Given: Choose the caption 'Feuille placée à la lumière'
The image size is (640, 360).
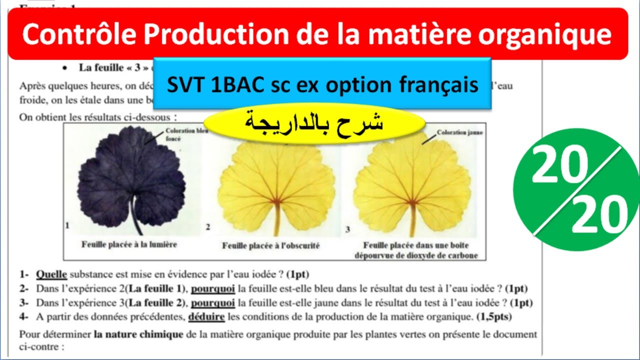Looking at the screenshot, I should click(129, 244).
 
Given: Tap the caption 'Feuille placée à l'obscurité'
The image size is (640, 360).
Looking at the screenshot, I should click(270, 245).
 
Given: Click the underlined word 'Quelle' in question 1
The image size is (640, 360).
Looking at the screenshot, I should click(51, 274).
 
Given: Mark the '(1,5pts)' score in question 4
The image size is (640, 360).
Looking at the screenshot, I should click(494, 316).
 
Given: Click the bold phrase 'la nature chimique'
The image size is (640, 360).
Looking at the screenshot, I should click(138, 334).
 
